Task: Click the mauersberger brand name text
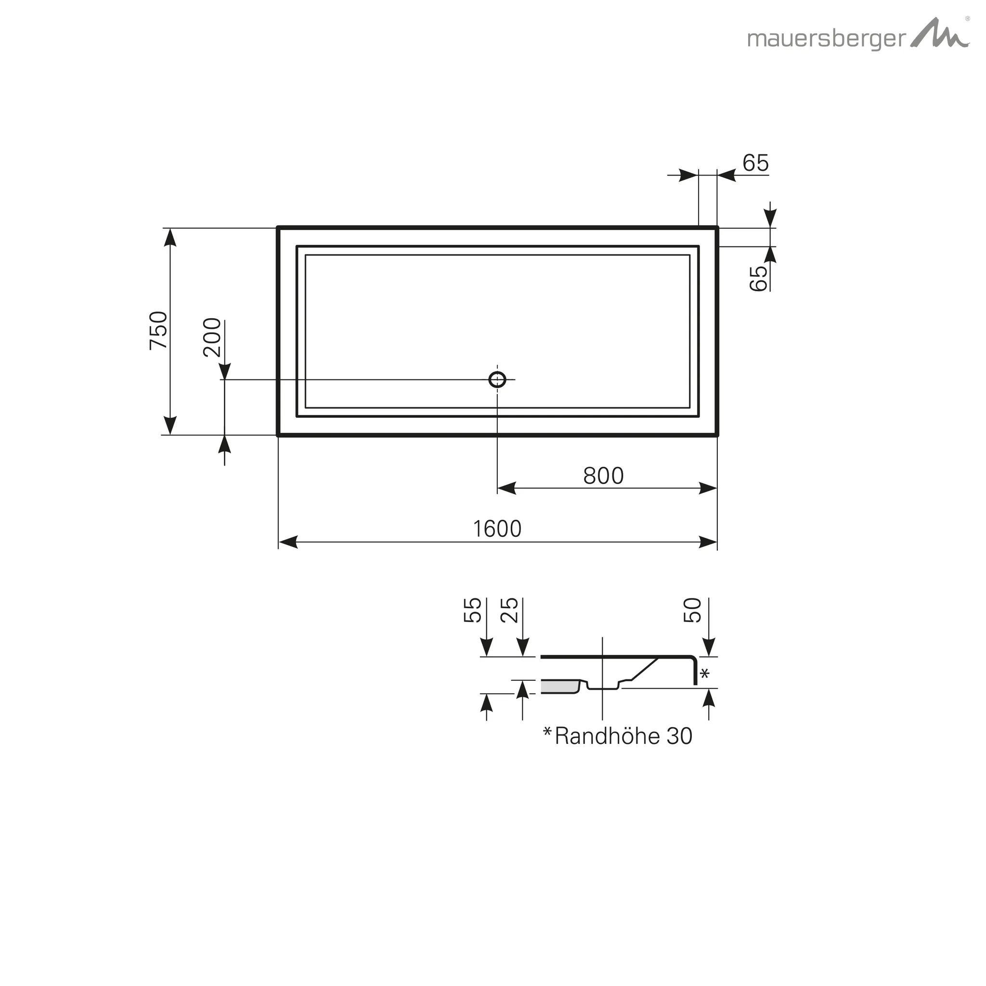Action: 826,39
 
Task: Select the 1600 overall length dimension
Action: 497,529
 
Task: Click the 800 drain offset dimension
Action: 603,476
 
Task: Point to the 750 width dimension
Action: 159,330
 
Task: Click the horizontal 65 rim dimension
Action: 755,163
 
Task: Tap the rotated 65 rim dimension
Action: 758,278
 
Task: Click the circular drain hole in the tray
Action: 497,380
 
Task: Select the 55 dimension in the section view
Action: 473,610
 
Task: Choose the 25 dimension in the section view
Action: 509,610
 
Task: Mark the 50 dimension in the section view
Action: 692,610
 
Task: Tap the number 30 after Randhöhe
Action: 679,736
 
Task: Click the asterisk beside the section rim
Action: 705,674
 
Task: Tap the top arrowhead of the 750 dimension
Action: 170,237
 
